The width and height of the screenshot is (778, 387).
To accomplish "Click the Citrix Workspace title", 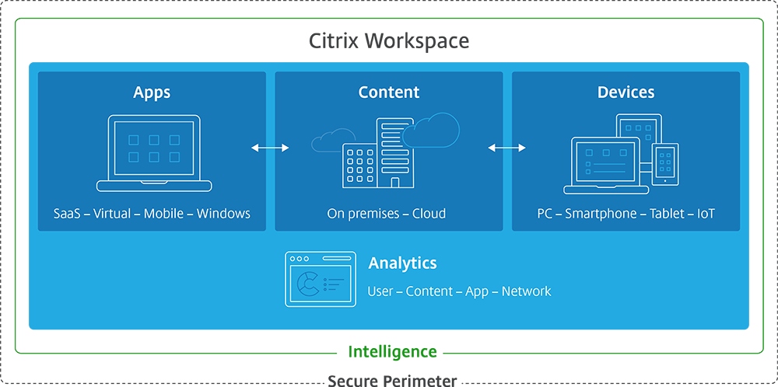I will pyautogui.click(x=389, y=40).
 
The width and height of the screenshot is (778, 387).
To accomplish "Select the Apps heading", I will pyautogui.click(x=152, y=92).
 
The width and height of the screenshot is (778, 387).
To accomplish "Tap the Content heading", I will pyautogui.click(x=389, y=92).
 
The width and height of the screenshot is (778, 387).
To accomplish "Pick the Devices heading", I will pyautogui.click(x=626, y=92).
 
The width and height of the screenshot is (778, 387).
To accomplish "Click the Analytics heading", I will pyautogui.click(x=402, y=263).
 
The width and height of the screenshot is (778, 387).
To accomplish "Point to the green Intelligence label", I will pyautogui.click(x=392, y=351).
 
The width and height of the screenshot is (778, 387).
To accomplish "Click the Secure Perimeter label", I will pyautogui.click(x=392, y=380).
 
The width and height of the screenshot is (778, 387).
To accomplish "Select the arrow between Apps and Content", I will pyautogui.click(x=270, y=147).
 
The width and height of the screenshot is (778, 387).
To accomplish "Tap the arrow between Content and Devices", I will pyautogui.click(x=506, y=147).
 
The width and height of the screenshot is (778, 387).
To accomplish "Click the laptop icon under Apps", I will pyautogui.click(x=154, y=153).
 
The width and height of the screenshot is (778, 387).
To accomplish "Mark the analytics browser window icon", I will pyautogui.click(x=321, y=279).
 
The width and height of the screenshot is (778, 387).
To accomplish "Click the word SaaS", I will pyautogui.click(x=69, y=213).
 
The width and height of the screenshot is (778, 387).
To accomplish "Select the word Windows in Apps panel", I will pyautogui.click(x=223, y=213).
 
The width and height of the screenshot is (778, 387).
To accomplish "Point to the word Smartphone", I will pyautogui.click(x=601, y=213).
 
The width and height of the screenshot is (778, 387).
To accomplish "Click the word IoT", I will pyautogui.click(x=706, y=213).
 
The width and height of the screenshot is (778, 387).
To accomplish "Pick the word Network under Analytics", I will pyautogui.click(x=526, y=291).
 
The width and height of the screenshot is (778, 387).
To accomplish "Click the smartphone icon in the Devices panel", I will pyautogui.click(x=665, y=164).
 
